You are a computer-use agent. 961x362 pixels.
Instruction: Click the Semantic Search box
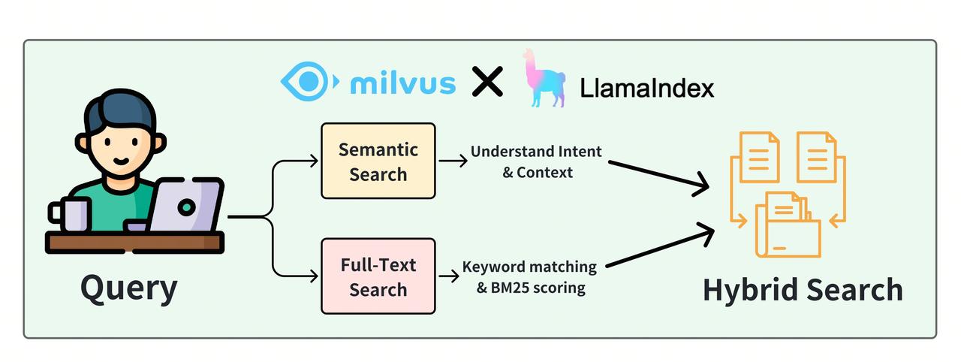click(378, 161)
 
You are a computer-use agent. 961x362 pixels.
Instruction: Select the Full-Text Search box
click(378, 276)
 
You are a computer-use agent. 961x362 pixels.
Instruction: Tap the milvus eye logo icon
click(304, 81)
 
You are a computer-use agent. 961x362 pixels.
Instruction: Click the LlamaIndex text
click(646, 89)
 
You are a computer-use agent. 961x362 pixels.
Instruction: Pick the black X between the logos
click(487, 81)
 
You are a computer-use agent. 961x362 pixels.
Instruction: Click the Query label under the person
click(128, 287)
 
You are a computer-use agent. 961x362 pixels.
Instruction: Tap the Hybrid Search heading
click(803, 290)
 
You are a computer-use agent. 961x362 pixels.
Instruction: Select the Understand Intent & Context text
click(536, 161)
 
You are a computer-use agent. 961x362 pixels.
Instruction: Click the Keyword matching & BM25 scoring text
click(529, 276)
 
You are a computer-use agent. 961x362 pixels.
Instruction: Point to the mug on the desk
click(71, 213)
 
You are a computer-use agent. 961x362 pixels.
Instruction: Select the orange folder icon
click(788, 225)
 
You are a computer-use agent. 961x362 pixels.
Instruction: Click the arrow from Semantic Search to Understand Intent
click(452, 161)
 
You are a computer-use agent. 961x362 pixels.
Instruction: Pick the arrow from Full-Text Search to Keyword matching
click(448, 276)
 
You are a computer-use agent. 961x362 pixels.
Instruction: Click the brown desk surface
click(134, 242)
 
